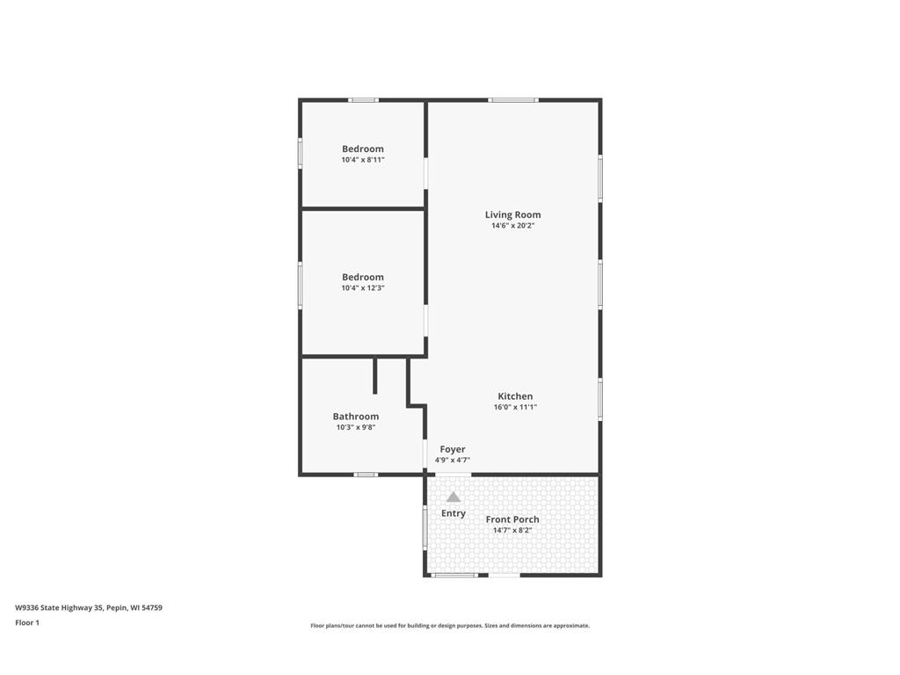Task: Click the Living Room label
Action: click(512, 214)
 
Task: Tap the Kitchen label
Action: click(515, 396)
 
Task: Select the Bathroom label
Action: click(356, 417)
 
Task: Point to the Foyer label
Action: click(453, 449)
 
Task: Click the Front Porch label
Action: click(512, 519)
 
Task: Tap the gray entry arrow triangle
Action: click(454, 497)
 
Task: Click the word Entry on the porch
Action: click(454, 513)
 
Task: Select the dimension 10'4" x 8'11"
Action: click(363, 160)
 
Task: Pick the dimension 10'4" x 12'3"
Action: click(363, 288)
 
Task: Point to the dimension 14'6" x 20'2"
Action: click(512, 226)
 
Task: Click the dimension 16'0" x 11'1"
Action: click(515, 408)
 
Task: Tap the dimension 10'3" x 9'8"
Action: click(356, 428)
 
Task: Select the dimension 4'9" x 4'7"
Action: click(453, 461)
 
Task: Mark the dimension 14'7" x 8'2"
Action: click(512, 530)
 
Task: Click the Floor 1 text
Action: click(27, 623)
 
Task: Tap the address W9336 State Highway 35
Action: click(59, 608)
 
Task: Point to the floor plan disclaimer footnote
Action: click(450, 626)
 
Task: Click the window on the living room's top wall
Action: click(513, 100)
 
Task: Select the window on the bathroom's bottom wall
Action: click(366, 475)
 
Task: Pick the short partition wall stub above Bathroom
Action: click(374, 376)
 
